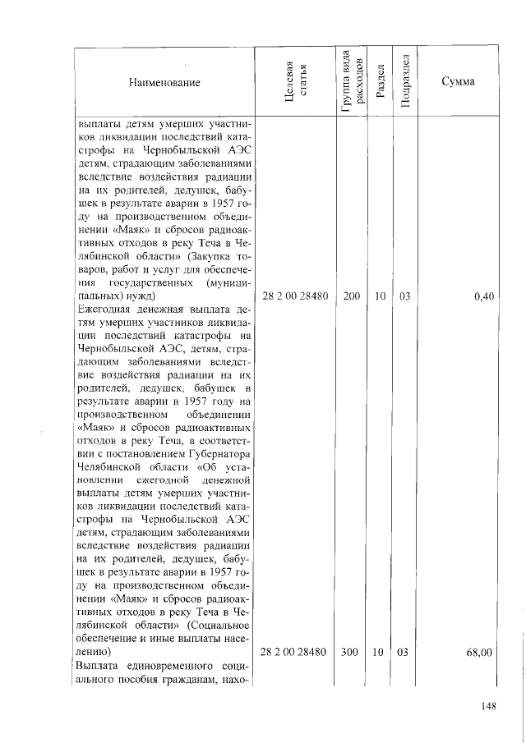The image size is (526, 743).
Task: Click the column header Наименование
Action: (164, 82)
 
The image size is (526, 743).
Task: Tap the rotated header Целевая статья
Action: (295, 82)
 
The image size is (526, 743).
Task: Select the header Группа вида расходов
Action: (349, 79)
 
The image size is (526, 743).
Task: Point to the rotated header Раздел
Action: (379, 82)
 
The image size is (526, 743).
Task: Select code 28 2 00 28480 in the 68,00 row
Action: (294, 652)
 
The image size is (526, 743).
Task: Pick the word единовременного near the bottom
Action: (178, 666)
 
